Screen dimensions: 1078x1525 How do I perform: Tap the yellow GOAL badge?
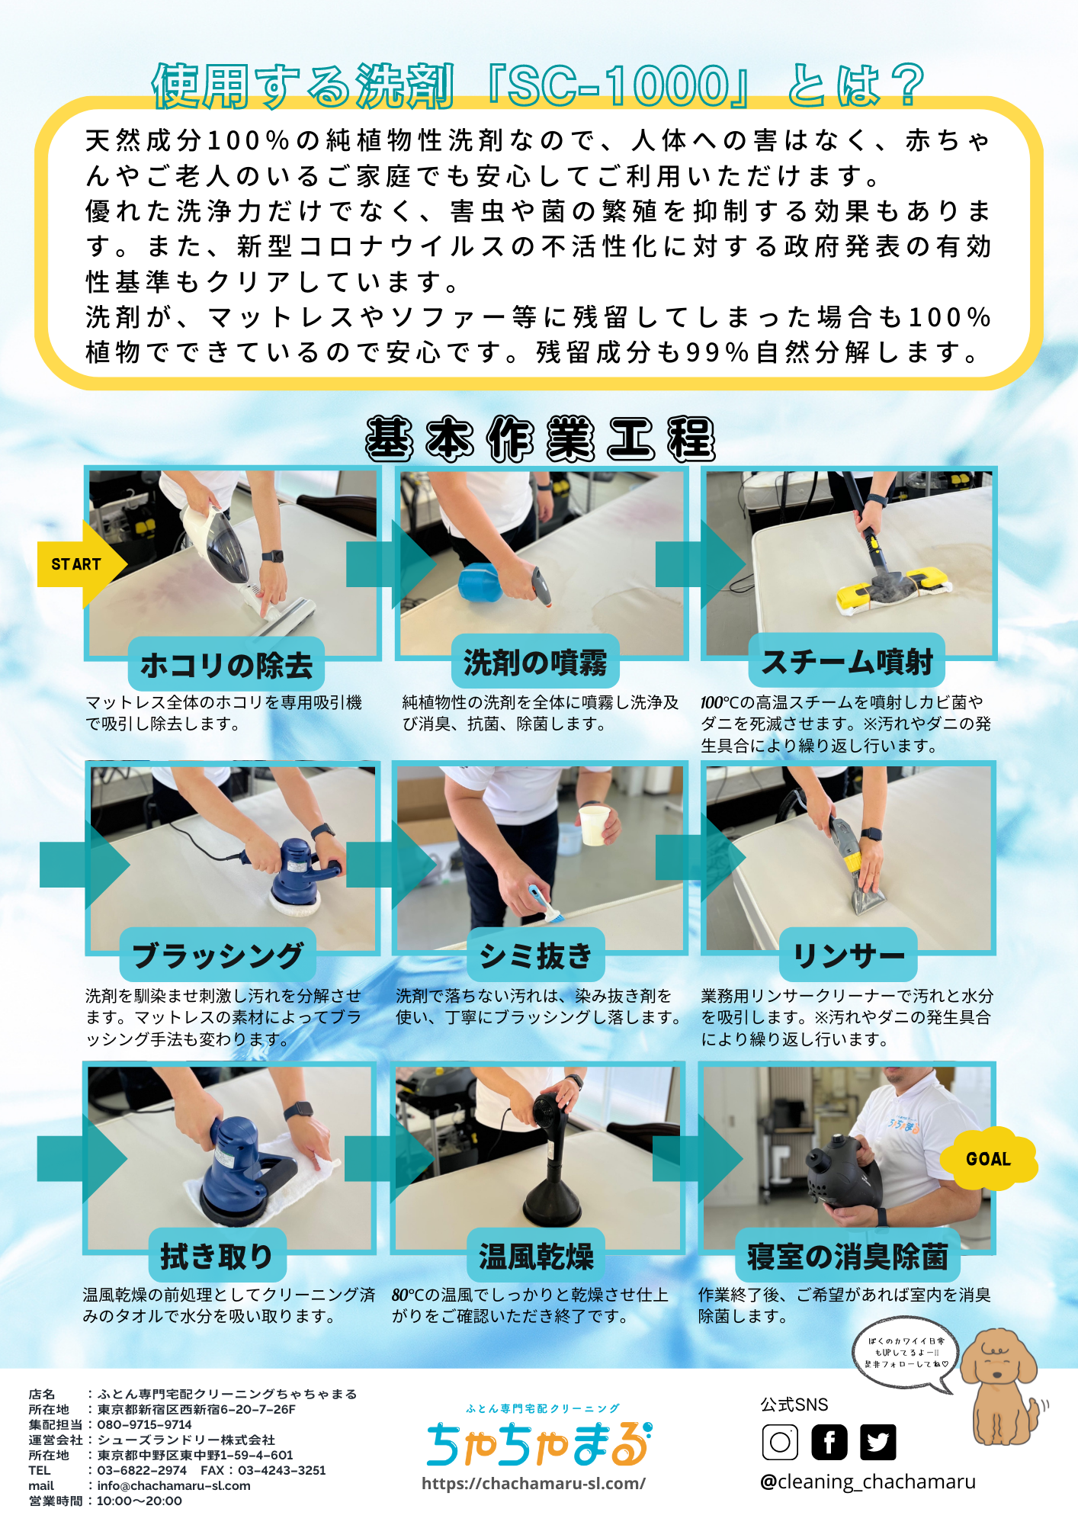[x=989, y=1158]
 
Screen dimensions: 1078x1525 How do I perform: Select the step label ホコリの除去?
[x=226, y=665]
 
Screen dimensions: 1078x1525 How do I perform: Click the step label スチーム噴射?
[x=847, y=661]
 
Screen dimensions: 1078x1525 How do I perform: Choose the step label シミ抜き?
[x=536, y=955]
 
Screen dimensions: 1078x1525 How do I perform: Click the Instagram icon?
[x=780, y=1442]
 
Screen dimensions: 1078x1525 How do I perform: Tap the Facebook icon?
[x=829, y=1442]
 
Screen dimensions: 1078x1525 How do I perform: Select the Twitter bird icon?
[x=878, y=1442]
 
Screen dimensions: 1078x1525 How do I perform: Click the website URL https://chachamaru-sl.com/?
[x=534, y=1483]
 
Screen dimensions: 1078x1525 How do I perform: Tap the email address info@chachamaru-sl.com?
[x=174, y=1485]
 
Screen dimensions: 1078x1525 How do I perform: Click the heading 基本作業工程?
[x=541, y=439]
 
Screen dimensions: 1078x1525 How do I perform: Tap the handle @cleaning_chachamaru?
[x=868, y=1482]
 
